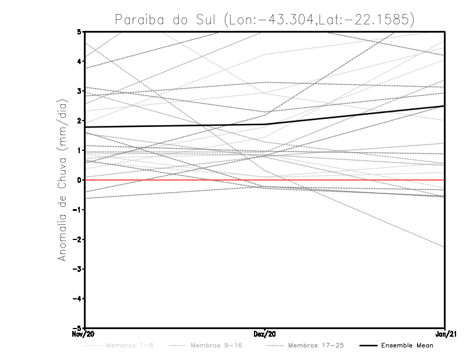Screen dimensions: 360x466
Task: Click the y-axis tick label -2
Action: pyautogui.click(x=78, y=239)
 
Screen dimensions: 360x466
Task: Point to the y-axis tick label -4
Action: pyautogui.click(x=78, y=298)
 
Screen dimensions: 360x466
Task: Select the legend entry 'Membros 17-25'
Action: pyautogui.click(x=316, y=345)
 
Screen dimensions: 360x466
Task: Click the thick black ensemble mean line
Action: pyautogui.click(x=175, y=125)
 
